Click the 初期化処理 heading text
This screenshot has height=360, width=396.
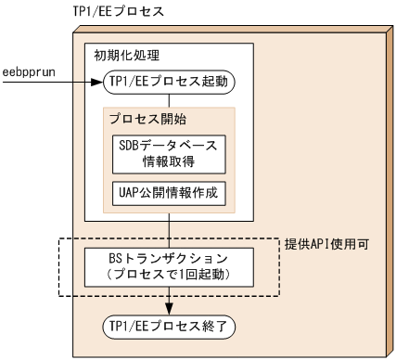[121, 54]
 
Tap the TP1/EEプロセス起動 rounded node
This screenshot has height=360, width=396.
[169, 83]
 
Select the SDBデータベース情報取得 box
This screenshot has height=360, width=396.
[169, 155]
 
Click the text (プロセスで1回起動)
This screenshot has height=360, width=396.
[168, 276]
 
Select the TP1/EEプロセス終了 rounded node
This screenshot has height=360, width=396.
[168, 327]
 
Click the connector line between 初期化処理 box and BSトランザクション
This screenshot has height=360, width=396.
[169, 233]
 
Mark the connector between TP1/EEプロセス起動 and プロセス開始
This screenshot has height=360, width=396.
[169, 101]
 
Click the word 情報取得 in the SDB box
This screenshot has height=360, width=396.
[169, 163]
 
